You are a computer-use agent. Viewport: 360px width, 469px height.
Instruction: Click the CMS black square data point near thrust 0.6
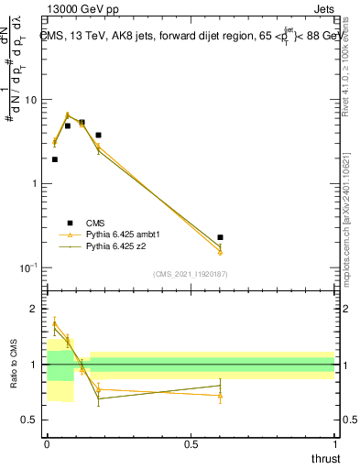coord(220,237)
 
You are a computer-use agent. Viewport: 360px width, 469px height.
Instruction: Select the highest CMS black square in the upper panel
coord(82,122)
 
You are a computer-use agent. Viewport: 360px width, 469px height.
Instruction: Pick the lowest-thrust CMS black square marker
coord(55,159)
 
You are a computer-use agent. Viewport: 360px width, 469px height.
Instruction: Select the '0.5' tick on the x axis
coord(191,443)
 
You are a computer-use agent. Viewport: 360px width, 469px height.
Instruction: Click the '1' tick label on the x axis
coord(333,443)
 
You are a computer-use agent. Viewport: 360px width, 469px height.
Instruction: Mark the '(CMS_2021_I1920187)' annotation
coord(190,274)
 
